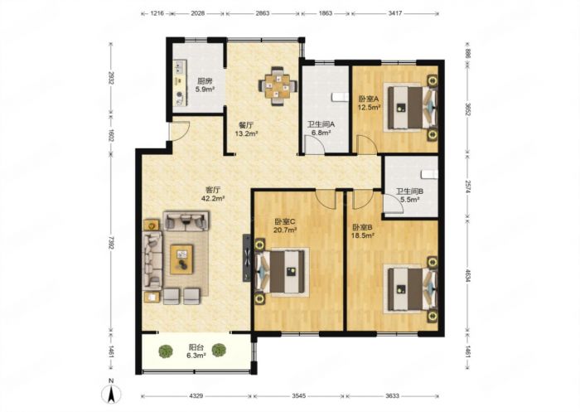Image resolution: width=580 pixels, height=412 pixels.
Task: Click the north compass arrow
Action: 111,395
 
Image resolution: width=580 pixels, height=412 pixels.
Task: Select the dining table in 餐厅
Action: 278,86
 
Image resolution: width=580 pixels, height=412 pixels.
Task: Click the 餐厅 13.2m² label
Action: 246,129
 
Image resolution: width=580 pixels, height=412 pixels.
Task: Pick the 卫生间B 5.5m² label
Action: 410,196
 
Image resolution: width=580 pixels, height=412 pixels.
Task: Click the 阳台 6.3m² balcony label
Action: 196,351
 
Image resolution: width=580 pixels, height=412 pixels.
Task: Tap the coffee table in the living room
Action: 181,259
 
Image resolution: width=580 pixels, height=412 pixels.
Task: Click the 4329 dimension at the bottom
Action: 196,395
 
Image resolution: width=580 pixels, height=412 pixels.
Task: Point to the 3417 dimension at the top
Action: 395,13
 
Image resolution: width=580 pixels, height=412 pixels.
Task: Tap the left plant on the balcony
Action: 166,351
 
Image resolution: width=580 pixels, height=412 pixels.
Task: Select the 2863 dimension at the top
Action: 263,13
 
